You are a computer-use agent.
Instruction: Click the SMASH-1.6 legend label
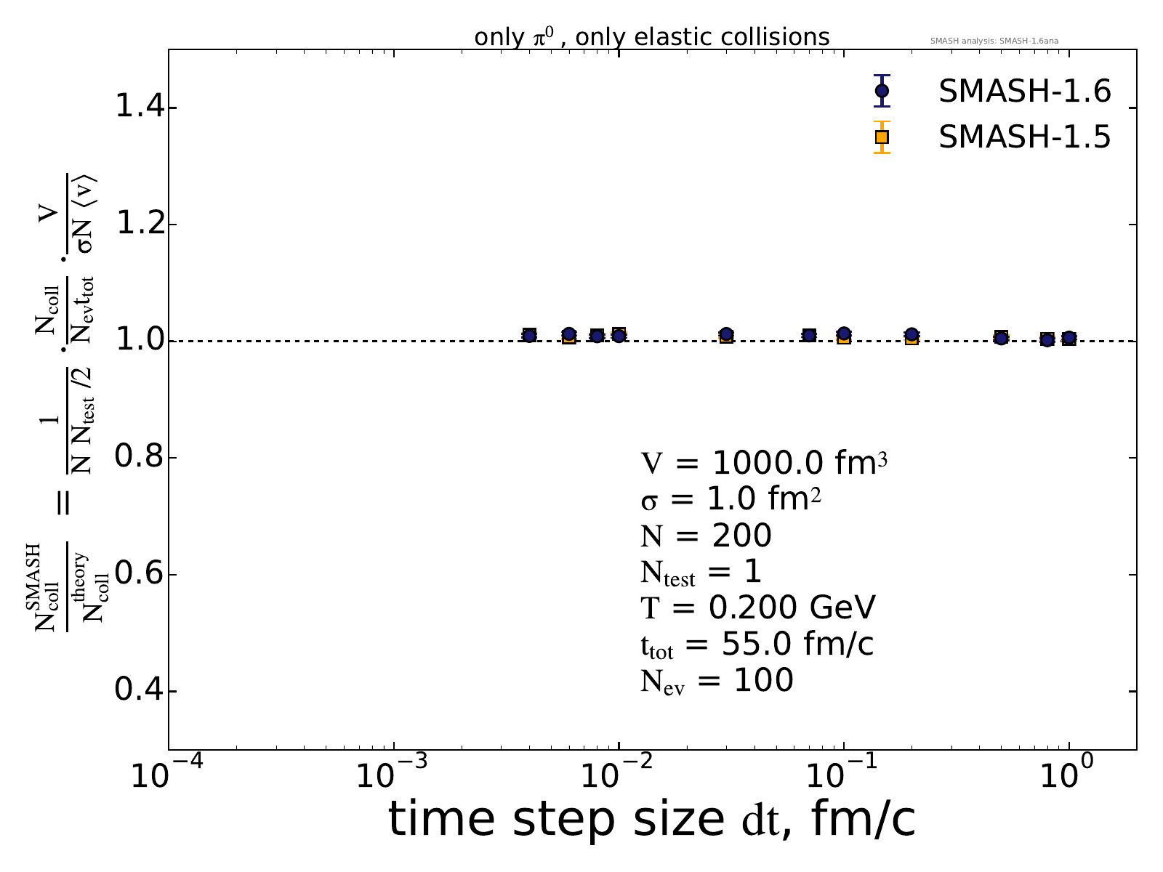1024,92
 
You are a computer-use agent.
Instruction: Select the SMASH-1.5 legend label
1024,137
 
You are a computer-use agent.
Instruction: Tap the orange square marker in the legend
882,137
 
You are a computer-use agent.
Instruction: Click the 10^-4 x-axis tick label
167,775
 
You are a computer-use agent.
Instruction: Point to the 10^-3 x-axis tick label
393,775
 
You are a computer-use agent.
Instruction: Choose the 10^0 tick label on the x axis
1069,775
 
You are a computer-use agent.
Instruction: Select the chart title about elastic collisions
651,36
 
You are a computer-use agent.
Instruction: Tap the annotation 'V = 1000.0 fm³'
763,463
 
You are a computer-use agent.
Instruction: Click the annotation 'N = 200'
706,536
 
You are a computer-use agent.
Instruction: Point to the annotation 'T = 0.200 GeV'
758,607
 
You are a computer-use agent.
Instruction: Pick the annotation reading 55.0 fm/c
757,645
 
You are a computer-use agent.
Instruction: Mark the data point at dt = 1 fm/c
1069,338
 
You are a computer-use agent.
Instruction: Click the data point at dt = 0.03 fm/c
726,334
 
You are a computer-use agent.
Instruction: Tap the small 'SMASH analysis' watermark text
994,41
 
